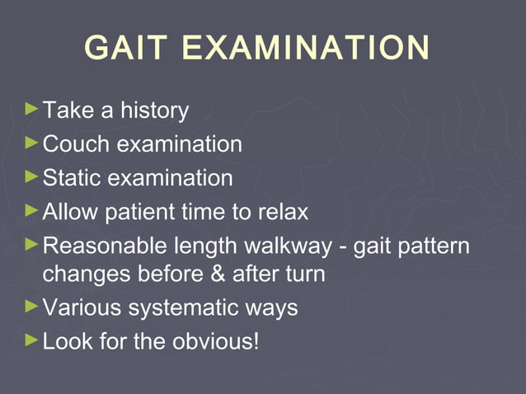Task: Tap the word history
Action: click(x=154, y=110)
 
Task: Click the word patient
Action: click(x=136, y=212)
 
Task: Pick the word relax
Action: click(x=279, y=212)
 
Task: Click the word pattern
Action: click(x=436, y=246)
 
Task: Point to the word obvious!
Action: click(x=216, y=340)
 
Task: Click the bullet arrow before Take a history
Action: click(x=31, y=108)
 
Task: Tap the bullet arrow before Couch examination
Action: click(x=31, y=143)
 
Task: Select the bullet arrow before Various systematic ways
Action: click(x=31, y=307)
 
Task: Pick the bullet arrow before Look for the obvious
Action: click(x=31, y=339)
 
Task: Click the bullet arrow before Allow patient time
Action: click(x=31, y=210)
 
